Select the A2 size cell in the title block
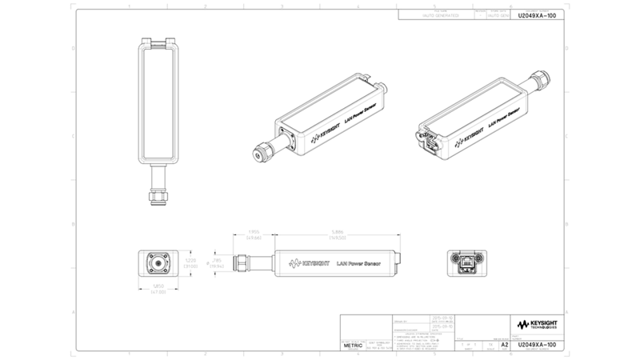point(504,346)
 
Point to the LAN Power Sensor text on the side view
point(357,262)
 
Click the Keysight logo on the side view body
point(304,262)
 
